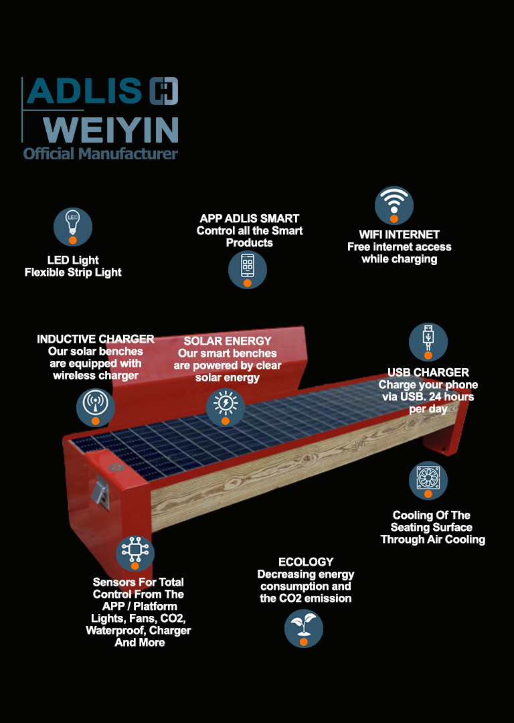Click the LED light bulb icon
coord(73,227)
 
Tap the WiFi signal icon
coord(394,206)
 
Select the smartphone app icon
coord(248,270)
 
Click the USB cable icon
coord(428,342)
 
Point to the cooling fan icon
coord(428,481)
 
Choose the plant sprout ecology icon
coord(304,629)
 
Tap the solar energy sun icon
coord(226,408)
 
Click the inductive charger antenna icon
coord(96,408)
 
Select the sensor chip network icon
coord(135,553)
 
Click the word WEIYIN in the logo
coord(110,130)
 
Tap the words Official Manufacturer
coord(100,153)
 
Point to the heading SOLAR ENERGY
coord(228,341)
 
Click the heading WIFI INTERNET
coord(399,235)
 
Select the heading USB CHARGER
coord(428,373)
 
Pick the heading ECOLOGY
coord(306,562)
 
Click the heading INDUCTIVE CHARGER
coord(96,339)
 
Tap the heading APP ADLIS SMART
coord(250,218)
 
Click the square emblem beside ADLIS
coord(164,91)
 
